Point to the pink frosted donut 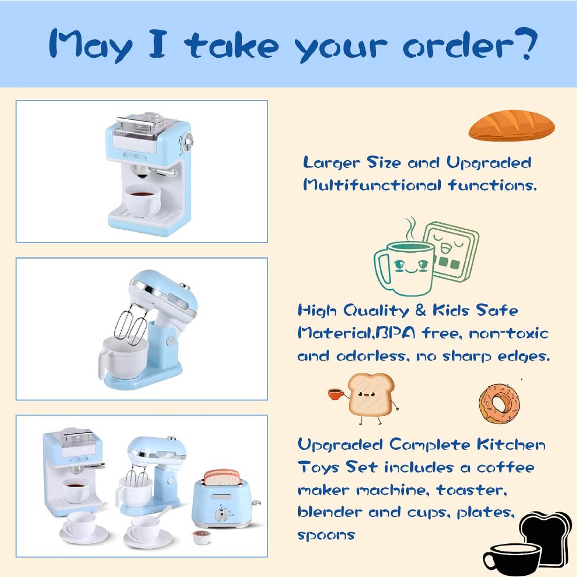click(x=499, y=402)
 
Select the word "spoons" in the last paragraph click(x=326, y=534)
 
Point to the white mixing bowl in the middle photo click(x=122, y=358)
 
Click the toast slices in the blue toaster click(x=223, y=477)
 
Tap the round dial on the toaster click(x=221, y=515)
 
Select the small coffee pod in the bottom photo click(x=200, y=537)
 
